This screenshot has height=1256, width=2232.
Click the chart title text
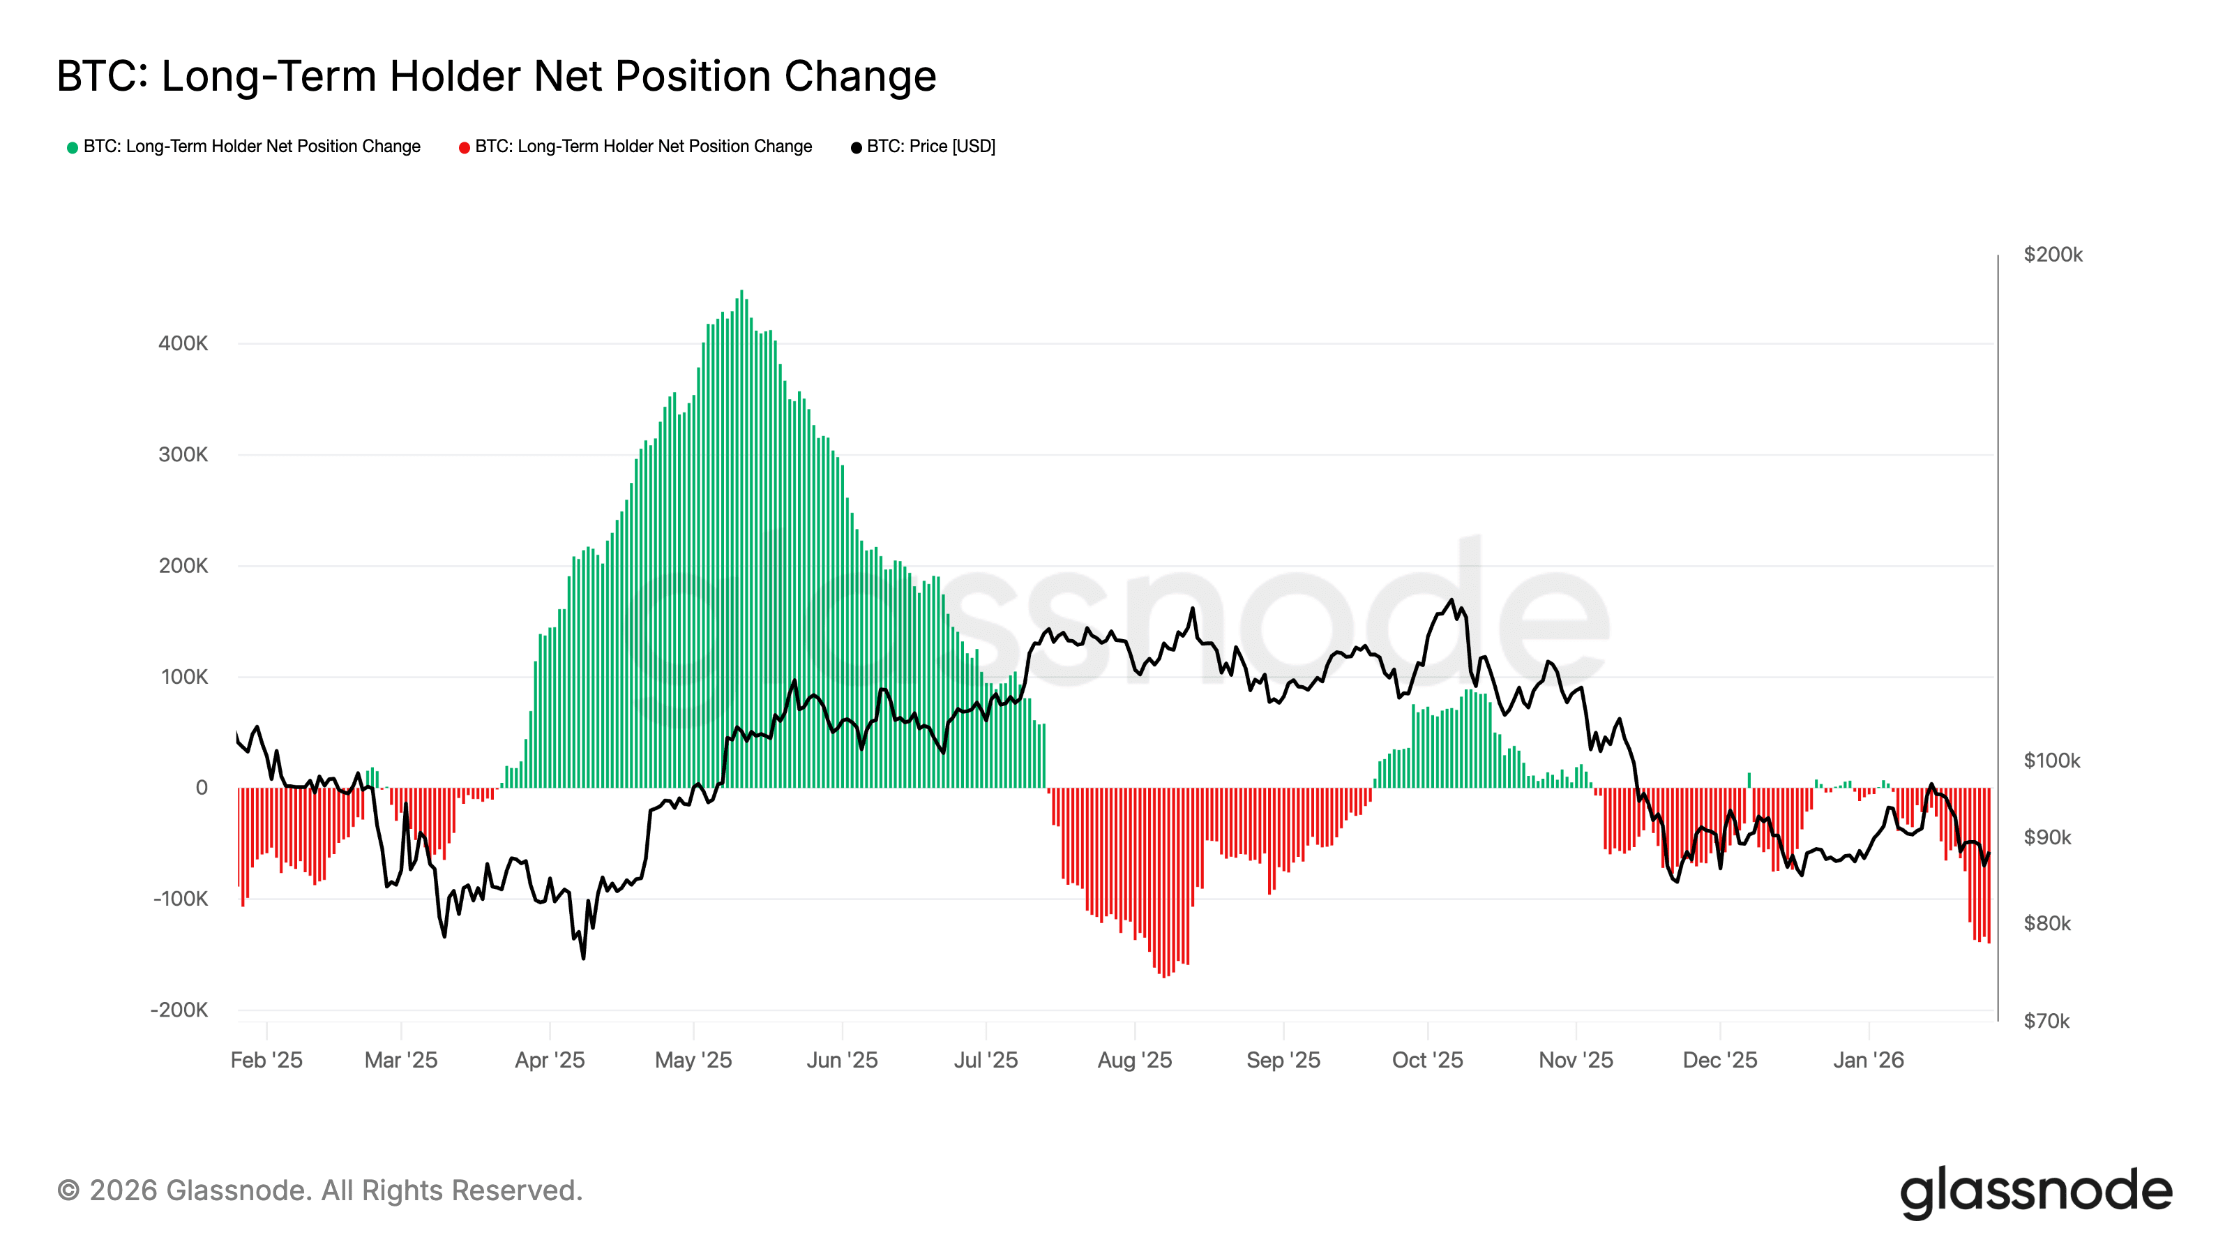point(496,76)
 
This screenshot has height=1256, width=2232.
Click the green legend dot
point(73,147)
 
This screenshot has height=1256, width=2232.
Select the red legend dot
point(465,147)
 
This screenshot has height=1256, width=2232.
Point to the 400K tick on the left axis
point(183,343)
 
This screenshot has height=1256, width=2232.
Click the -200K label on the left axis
point(179,1010)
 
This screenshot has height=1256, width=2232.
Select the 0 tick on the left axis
point(201,788)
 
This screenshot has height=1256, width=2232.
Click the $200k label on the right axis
point(2053,255)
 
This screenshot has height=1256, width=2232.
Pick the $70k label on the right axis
point(2046,1021)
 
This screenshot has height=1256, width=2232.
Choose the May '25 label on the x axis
point(693,1060)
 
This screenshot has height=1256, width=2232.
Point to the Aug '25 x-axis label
point(1134,1060)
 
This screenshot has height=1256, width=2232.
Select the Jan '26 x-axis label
point(1868,1060)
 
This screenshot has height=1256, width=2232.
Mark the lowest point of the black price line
point(583,958)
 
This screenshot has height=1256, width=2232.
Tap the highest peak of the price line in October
point(1451,600)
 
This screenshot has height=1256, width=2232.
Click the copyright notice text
point(319,1191)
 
